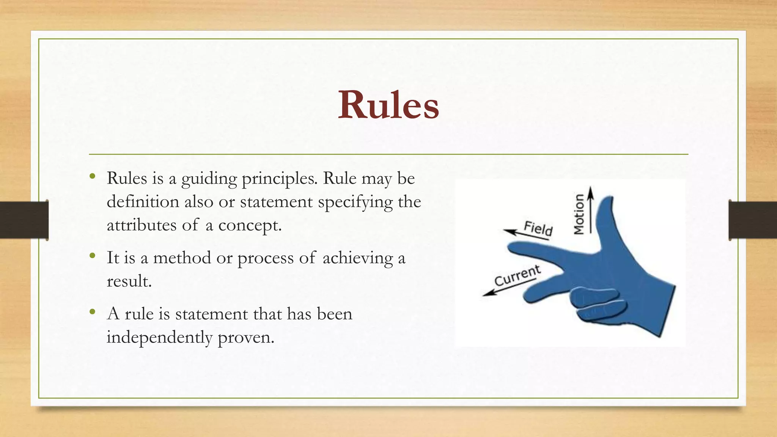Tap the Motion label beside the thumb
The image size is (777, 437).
579,214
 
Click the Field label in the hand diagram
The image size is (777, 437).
538,228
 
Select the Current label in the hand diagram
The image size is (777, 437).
517,276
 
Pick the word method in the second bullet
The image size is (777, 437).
182,258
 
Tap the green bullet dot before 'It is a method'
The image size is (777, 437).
93,256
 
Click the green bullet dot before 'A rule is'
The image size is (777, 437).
93,312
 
